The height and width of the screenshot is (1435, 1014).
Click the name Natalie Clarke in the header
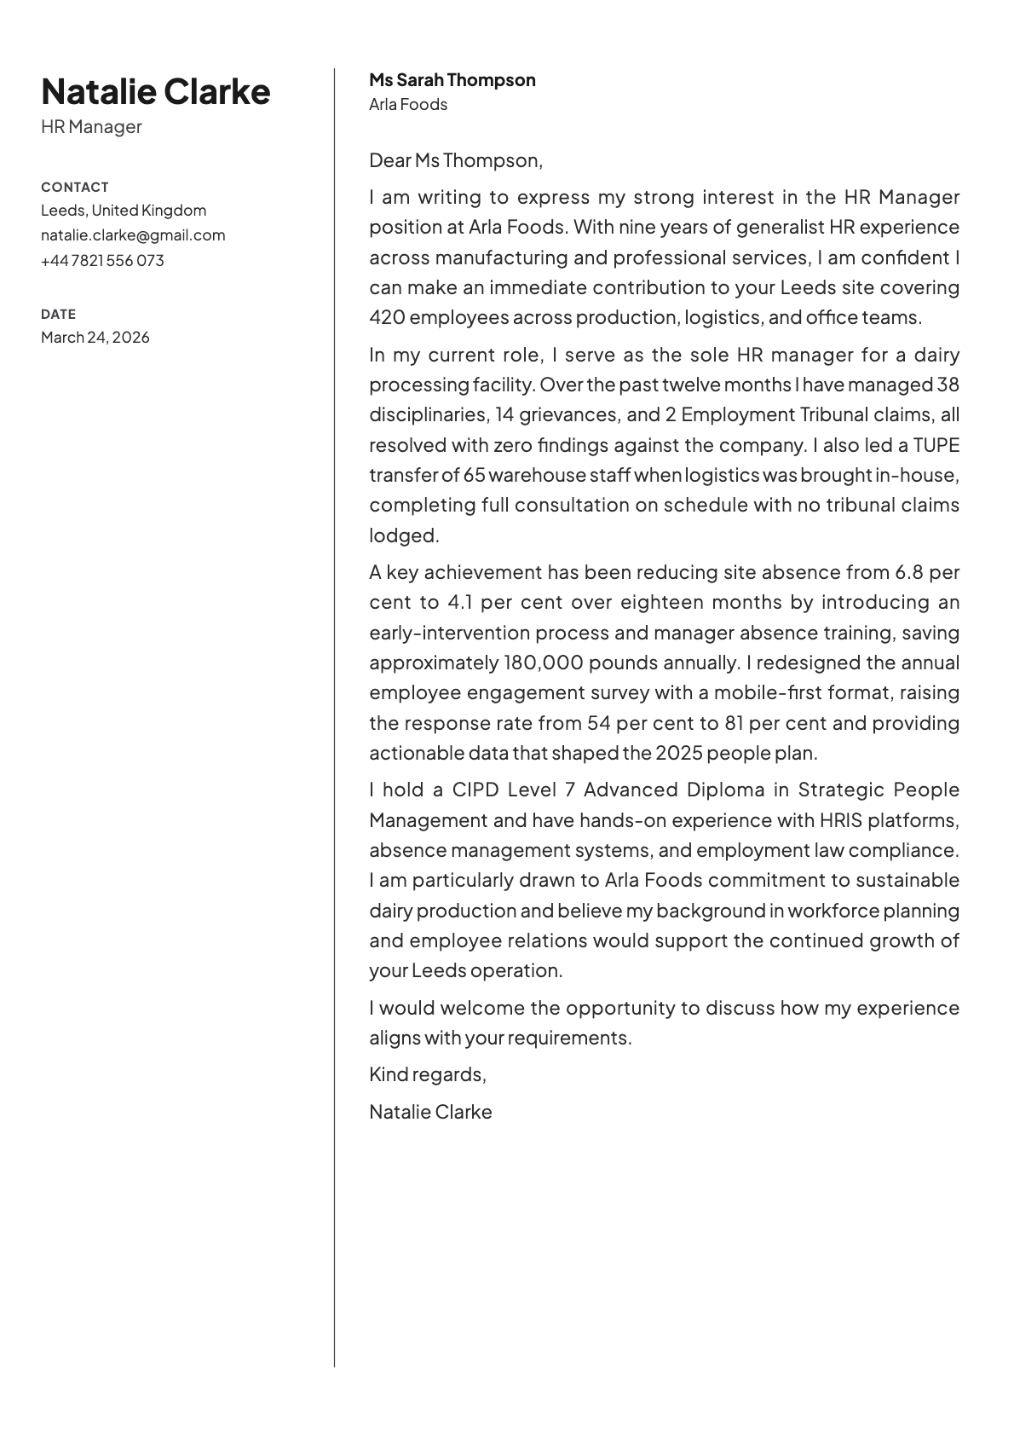coord(155,91)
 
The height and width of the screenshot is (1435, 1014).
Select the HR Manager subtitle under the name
coord(91,127)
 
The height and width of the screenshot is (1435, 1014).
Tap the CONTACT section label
coord(75,187)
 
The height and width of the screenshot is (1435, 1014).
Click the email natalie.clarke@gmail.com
coord(133,235)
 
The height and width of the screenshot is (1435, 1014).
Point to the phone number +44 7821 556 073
coord(102,260)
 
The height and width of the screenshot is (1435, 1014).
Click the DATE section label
coord(58,314)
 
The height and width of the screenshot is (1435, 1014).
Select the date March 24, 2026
coord(95,338)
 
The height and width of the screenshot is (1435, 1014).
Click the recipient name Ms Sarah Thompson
coord(452,80)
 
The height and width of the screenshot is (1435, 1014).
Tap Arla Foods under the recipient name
coord(407,105)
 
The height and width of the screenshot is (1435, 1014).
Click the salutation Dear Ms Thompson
coord(455,160)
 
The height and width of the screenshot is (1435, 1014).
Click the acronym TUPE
coord(936,445)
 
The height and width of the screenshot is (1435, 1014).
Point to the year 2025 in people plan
coord(678,754)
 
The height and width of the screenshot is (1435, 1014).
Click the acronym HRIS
coord(841,820)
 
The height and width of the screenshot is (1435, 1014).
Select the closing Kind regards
coord(427,1074)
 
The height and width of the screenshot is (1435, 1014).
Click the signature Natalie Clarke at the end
coord(430,1112)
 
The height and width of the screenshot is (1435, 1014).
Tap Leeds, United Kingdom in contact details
coord(124,211)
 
